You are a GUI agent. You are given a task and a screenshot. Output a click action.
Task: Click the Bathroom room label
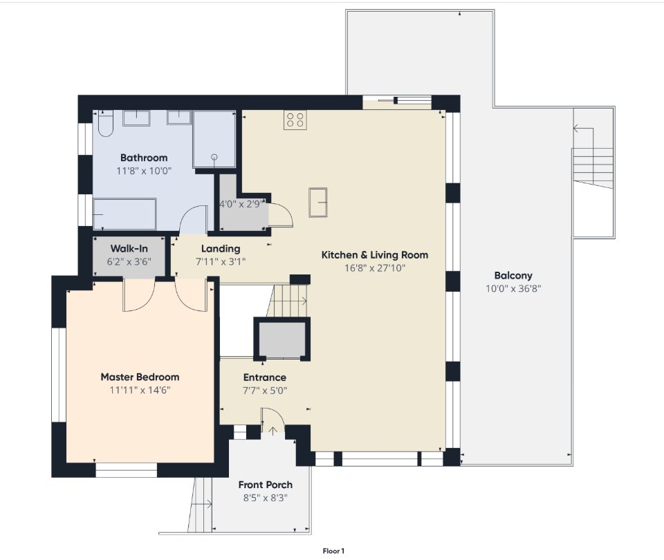[144, 158]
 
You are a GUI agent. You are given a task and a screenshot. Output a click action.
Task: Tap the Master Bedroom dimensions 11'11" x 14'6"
[140, 390]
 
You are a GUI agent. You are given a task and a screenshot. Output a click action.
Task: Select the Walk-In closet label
[129, 248]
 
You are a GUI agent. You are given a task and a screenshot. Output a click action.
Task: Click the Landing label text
[221, 248]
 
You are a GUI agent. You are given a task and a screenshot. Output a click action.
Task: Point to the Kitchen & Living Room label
[375, 255]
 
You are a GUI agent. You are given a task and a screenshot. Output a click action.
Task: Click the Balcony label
[513, 276]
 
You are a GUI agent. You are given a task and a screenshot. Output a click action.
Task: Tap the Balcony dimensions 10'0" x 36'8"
[513, 289]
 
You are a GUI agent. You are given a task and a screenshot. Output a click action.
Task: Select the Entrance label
[265, 377]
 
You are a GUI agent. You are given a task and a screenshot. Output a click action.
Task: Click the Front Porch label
[266, 485]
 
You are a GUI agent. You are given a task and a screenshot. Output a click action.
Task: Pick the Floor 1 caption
[333, 551]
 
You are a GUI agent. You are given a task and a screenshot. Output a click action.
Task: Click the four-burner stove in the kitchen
[295, 120]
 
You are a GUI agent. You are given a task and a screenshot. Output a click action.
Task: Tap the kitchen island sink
[318, 203]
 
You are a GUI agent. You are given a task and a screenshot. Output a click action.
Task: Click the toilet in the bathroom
[105, 123]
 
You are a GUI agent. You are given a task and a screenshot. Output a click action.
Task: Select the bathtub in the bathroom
[124, 214]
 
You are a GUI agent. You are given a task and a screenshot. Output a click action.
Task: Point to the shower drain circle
[214, 157]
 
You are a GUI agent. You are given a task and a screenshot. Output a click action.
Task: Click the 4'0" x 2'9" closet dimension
[240, 204]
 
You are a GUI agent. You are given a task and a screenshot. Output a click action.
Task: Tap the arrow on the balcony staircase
[578, 128]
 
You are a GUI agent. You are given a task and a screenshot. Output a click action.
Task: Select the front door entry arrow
[273, 431]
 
